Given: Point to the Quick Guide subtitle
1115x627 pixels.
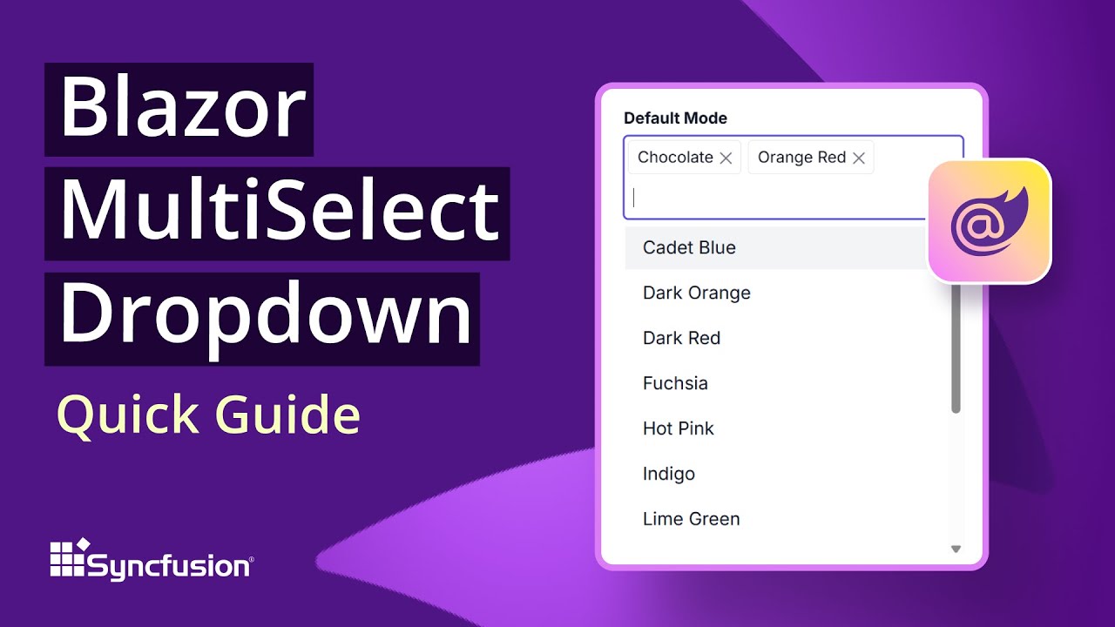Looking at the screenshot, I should (x=208, y=415).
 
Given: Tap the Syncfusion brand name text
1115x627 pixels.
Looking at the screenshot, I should (x=170, y=567).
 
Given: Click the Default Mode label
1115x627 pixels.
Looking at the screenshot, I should (x=675, y=118).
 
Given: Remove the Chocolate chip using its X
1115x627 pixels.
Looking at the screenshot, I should (x=726, y=158).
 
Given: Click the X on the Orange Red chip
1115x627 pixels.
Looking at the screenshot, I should (x=859, y=158).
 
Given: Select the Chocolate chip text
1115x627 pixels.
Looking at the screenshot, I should (x=675, y=158).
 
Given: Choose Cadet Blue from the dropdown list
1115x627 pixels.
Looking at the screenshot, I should (x=689, y=247).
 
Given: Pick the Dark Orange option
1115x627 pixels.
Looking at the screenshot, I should (x=696, y=293).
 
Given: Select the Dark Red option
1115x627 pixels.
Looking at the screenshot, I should (x=681, y=338).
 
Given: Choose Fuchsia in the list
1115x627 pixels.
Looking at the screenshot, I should (x=675, y=383).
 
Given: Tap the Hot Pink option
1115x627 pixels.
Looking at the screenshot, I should (x=678, y=428).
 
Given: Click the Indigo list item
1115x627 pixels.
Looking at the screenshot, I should (x=668, y=474).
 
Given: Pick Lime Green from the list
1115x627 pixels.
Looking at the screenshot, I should (x=691, y=519).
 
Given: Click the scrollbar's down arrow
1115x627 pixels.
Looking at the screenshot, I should (x=956, y=549).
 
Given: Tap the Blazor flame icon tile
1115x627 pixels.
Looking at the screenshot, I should (x=990, y=221).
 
